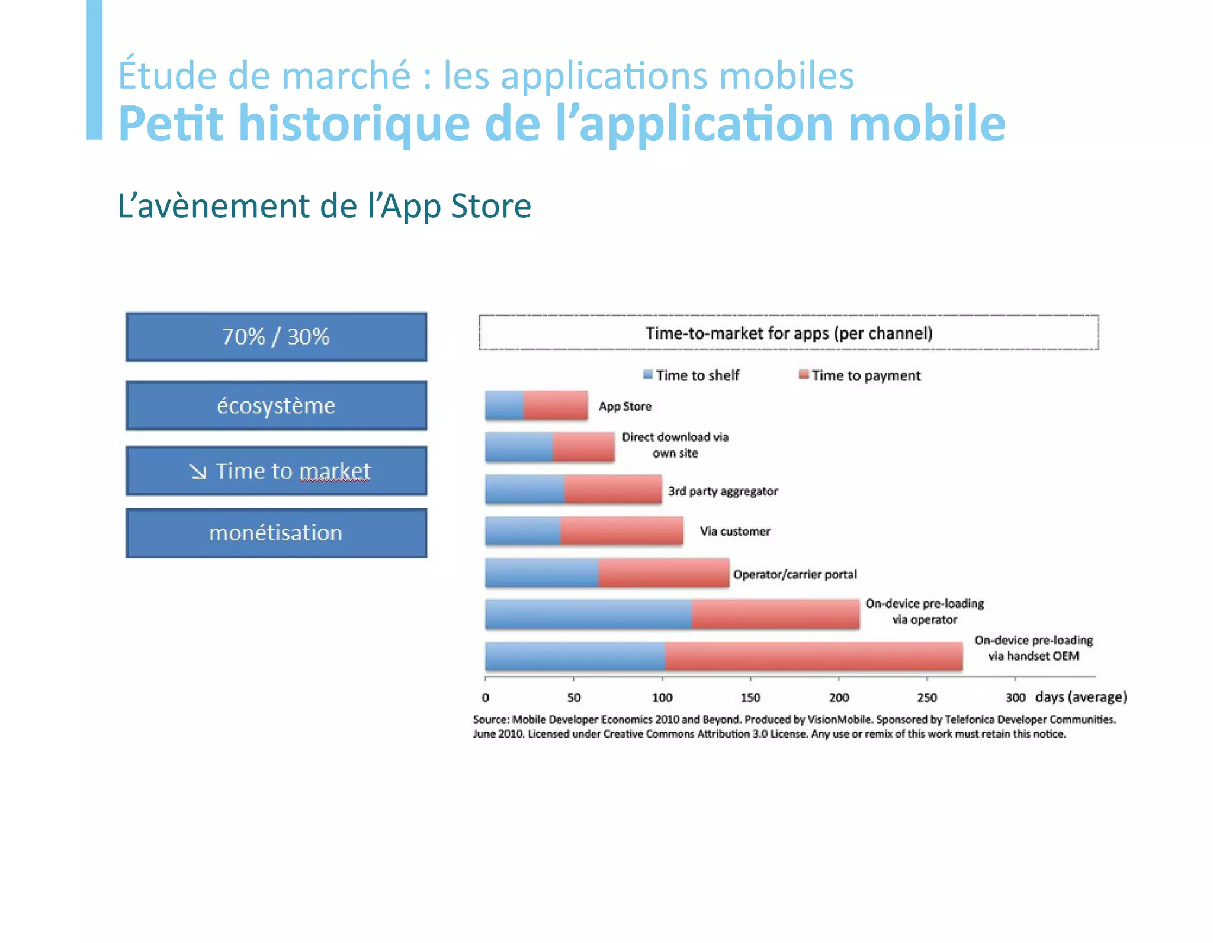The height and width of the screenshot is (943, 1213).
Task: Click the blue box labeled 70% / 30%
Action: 276,337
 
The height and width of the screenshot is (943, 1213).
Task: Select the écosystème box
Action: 276,405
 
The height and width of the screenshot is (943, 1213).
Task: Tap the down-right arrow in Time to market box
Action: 198,472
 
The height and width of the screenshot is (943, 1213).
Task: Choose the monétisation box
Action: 276,533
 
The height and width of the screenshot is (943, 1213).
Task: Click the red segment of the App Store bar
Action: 556,405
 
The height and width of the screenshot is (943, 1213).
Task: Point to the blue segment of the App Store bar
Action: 504,405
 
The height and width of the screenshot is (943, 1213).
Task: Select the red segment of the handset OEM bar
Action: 813,656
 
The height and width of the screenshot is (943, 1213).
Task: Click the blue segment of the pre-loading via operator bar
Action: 588,614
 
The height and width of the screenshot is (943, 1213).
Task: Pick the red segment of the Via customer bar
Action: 621,530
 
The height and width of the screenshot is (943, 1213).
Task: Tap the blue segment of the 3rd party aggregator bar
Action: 525,489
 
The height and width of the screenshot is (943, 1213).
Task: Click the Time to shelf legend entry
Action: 692,375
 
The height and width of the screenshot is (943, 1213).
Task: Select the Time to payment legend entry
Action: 860,375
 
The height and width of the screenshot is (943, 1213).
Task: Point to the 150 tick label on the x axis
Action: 750,697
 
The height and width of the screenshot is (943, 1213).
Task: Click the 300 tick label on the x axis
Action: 1015,697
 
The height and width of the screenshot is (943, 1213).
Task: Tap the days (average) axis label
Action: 1080,697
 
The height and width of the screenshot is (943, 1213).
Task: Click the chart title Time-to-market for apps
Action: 788,333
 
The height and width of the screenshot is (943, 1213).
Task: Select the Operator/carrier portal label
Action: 794,574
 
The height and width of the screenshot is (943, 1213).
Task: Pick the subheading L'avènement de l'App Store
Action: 324,206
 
